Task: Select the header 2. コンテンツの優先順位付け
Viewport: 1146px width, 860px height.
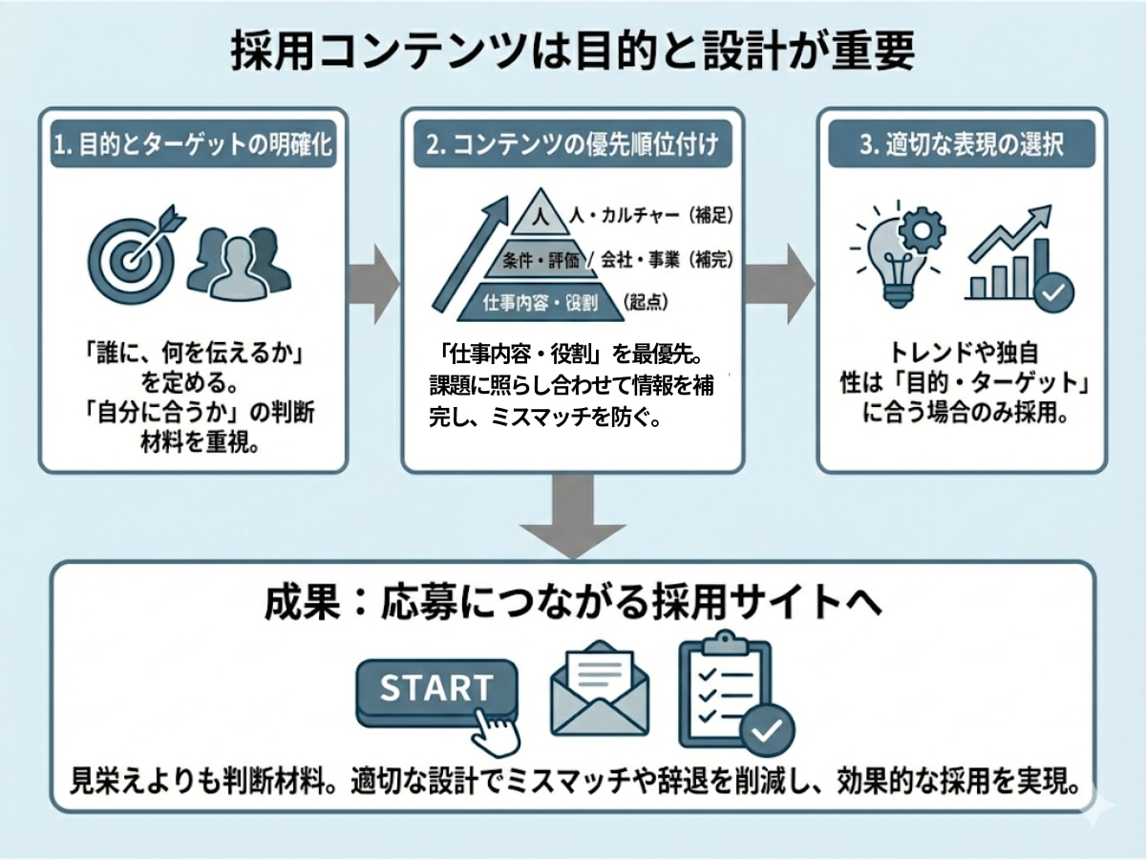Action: click(x=572, y=147)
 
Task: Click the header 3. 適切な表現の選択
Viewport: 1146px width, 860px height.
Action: click(x=962, y=147)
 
